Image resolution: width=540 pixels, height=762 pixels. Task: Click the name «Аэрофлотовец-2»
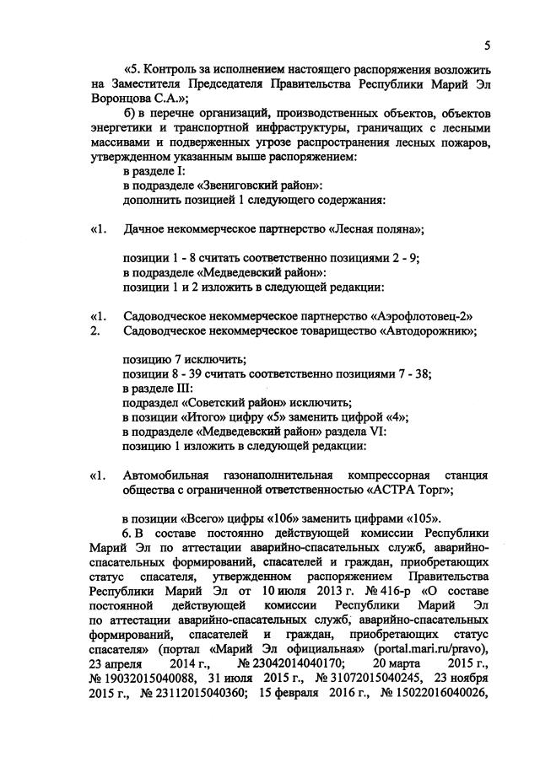[x=421, y=316]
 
